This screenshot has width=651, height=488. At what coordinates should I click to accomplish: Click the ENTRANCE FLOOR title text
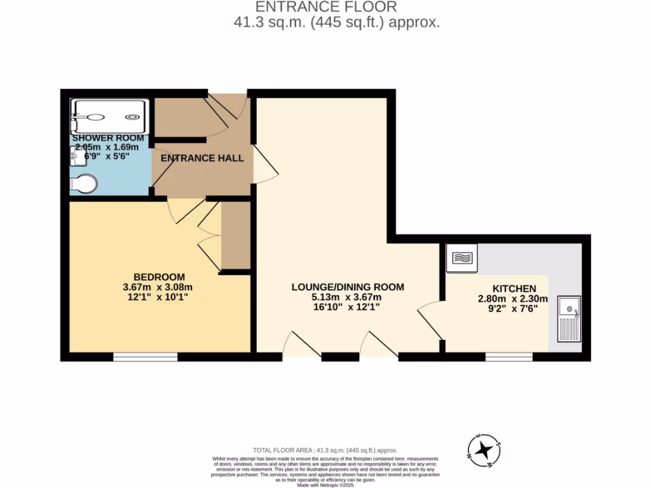325,7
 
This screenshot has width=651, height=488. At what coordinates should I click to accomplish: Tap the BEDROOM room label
159,277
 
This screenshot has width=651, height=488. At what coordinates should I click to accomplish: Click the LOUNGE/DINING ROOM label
347,287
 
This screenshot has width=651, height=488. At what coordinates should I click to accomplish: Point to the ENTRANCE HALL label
202,158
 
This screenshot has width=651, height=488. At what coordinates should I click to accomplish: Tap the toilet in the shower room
83,184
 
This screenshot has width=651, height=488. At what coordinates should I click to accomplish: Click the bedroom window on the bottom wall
145,357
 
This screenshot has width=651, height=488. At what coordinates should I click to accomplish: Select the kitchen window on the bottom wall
509,357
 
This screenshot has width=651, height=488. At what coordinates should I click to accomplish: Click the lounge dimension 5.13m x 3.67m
347,297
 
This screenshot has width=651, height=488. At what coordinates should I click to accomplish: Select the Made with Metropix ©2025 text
325,485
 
